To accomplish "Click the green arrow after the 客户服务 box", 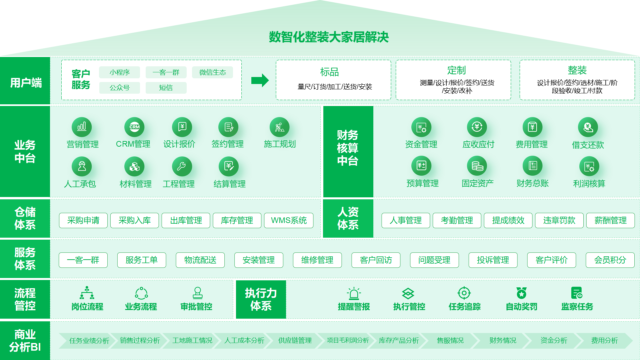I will [260, 80].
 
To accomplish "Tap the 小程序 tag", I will [120, 72].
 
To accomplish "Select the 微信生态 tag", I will [212, 72].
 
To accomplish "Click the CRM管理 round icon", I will [134, 127].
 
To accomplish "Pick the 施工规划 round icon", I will [279, 127].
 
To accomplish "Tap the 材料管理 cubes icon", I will [134, 166].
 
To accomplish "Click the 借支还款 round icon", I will [588, 127].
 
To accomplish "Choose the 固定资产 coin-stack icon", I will [477, 166].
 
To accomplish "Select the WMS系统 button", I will [289, 220].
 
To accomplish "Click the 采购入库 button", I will [135, 220].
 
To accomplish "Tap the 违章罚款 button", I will [559, 220].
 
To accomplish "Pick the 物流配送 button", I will [200, 260].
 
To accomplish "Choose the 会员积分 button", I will [610, 260].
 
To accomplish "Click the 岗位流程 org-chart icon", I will [87, 293].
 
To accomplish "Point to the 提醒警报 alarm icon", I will [354, 293].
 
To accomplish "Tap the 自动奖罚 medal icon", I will [521, 293].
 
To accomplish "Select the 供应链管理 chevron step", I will [295, 340].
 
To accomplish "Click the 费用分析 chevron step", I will [604, 340].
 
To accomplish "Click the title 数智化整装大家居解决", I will [329, 37].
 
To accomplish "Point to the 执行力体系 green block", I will [261, 299].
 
